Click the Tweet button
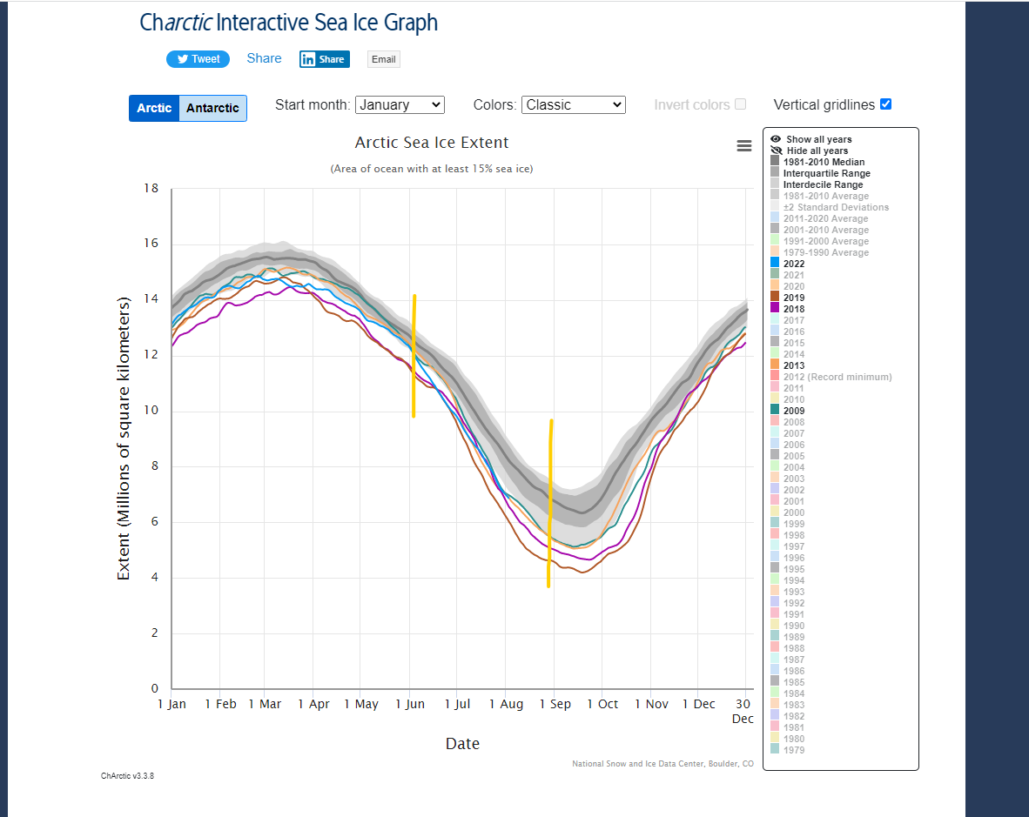[198, 59]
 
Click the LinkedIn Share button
[324, 59]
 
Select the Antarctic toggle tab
[212, 108]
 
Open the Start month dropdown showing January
[400, 104]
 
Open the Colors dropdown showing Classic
[574, 104]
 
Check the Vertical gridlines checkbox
[885, 104]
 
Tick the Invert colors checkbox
[740, 104]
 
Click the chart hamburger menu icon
[744, 146]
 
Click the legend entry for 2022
[794, 264]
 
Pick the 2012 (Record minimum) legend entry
[837, 377]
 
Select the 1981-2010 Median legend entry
[824, 162]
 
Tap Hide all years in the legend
[817, 151]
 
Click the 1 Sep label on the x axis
[555, 704]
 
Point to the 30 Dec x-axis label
[743, 711]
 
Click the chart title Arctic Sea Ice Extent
[432, 143]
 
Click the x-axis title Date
[462, 744]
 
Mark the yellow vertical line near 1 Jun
[414, 357]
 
